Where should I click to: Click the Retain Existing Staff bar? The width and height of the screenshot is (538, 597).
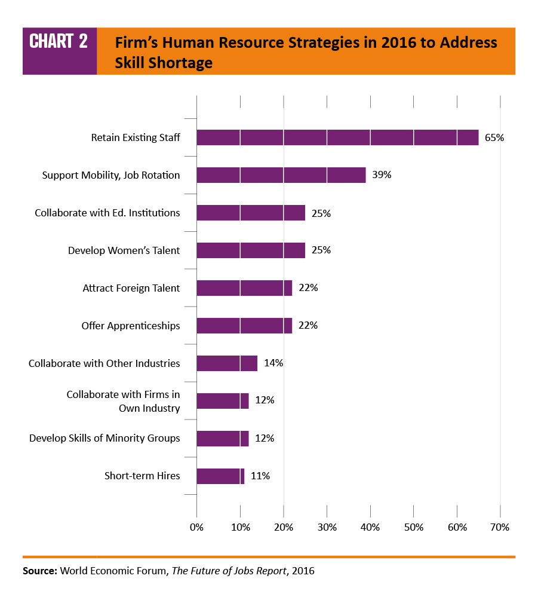click(x=337, y=137)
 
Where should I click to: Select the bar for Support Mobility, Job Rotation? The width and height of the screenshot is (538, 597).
click(x=281, y=175)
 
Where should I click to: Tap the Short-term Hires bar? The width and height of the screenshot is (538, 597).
click(x=220, y=476)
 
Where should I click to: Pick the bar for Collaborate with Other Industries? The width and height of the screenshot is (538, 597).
click(x=227, y=363)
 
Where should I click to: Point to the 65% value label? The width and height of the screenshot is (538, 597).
click(x=494, y=137)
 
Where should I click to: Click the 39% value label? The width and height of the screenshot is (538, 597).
click(x=382, y=175)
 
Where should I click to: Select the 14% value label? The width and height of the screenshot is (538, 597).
click(x=273, y=363)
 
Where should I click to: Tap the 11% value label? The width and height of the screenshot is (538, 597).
click(x=260, y=476)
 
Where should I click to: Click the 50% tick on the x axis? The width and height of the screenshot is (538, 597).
click(x=414, y=527)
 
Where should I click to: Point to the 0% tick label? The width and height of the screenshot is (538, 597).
click(x=196, y=527)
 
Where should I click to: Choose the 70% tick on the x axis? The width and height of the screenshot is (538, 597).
click(x=500, y=527)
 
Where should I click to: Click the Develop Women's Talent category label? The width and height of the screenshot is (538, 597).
click(x=124, y=250)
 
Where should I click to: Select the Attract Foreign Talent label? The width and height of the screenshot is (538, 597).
click(x=131, y=288)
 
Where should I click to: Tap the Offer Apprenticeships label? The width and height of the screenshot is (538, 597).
click(x=130, y=326)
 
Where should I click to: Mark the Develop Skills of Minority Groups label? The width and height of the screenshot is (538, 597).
click(x=104, y=438)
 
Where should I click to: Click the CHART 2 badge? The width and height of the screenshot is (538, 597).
click(x=59, y=42)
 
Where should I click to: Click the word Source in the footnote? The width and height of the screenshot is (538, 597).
click(x=39, y=571)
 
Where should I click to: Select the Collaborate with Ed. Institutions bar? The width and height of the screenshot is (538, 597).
click(x=251, y=213)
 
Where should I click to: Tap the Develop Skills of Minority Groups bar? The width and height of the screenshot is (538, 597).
click(x=222, y=439)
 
